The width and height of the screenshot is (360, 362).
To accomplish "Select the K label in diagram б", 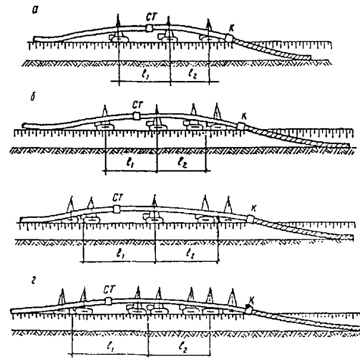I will [242, 116].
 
